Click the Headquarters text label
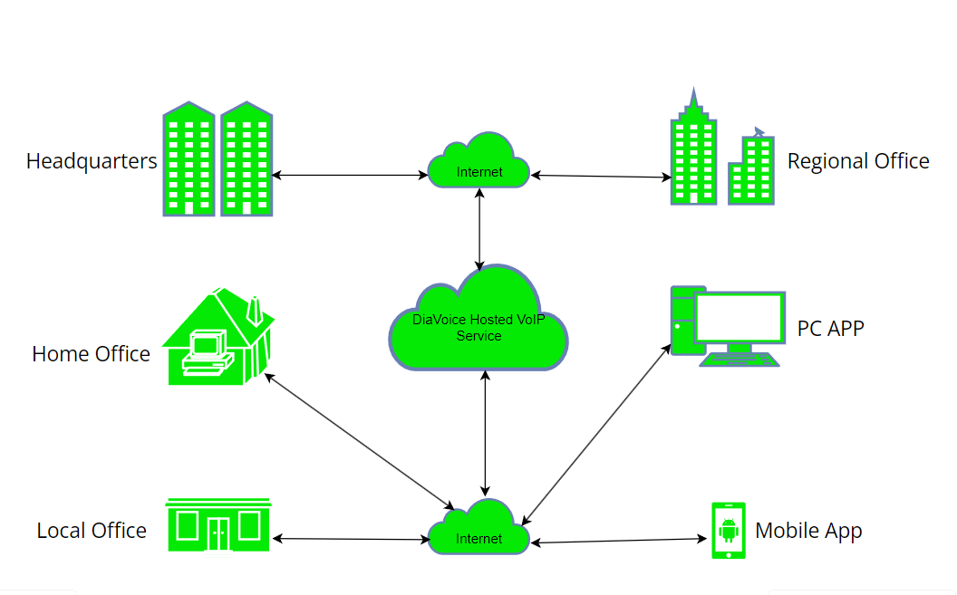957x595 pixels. point(92,162)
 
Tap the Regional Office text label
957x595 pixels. point(857,161)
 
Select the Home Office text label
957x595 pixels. point(91,354)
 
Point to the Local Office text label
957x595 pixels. point(92,531)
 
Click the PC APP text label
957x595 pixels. point(830,328)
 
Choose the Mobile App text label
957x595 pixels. point(808,531)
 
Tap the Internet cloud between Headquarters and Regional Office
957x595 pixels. point(478,163)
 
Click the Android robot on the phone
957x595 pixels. point(729,530)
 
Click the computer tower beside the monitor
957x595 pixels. point(682,321)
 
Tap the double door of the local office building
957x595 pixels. point(218,533)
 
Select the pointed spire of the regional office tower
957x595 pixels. point(694,100)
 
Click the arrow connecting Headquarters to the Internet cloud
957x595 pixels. point(349,175)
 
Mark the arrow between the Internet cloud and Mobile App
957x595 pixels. point(620,541)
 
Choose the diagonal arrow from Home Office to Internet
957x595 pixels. point(359,441)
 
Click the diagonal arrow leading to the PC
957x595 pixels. point(596,434)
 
